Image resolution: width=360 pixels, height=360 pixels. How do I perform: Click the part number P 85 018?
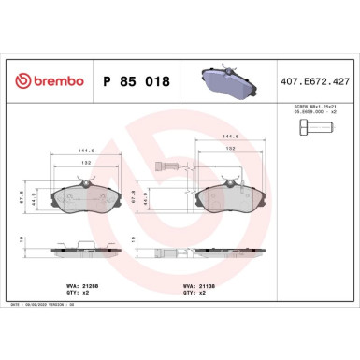pos(136,81)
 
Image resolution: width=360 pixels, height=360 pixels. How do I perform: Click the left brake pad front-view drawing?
pos(85,198)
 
